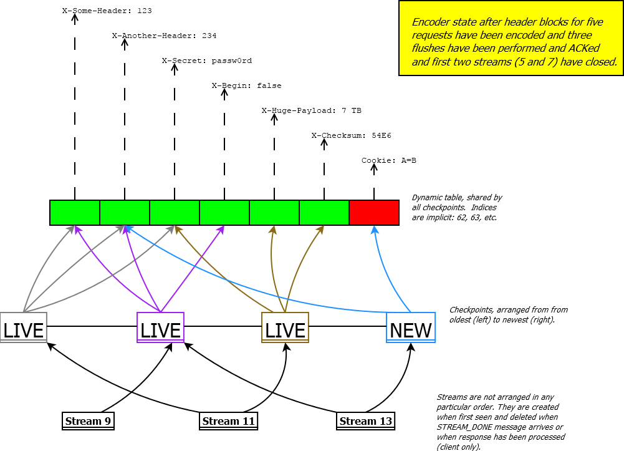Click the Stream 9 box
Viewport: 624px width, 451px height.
88,421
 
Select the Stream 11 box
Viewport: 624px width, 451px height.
228,421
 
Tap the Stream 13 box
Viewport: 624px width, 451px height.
366,421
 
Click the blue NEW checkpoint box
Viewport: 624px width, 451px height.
411,327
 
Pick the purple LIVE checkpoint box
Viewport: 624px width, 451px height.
160,327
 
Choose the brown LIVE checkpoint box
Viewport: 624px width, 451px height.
285,327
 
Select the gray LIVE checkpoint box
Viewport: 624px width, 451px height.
24,327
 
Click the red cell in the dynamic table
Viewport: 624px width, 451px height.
374,213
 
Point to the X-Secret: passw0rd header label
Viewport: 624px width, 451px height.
207,61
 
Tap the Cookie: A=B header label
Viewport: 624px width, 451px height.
389,160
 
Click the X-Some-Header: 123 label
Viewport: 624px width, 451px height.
107,11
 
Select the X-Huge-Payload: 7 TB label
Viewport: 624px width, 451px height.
312,110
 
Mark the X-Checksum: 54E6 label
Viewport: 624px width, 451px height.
352,136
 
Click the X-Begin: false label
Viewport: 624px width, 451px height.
247,85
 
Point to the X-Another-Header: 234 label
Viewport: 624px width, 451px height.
165,36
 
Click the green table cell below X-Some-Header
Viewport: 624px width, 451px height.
75,213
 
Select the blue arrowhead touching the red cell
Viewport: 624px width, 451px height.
374,230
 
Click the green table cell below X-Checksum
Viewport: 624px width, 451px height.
324,213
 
